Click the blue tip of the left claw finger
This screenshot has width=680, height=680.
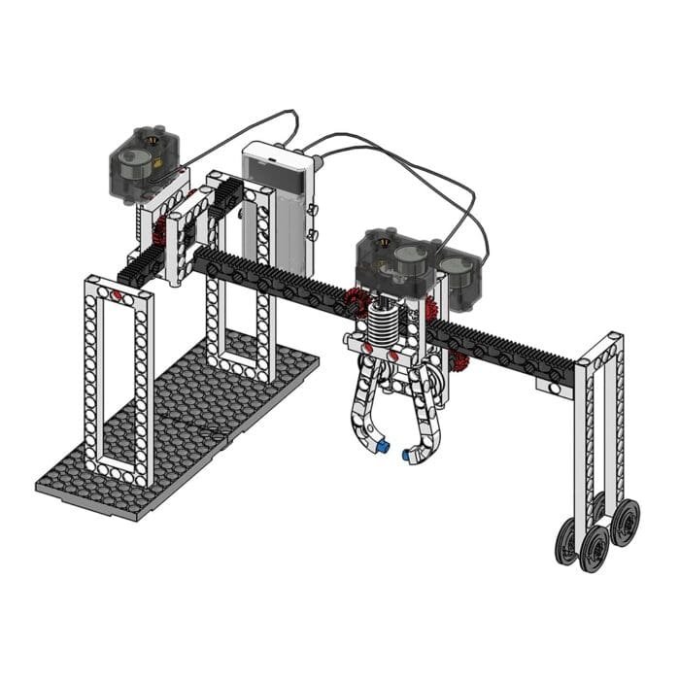point(383,448)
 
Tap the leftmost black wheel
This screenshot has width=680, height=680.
point(564,540)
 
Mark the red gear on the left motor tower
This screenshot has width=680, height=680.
point(161,231)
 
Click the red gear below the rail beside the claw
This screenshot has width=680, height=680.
point(459,361)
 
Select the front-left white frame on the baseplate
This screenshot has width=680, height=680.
point(117,379)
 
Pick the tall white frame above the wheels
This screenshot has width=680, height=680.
point(599,427)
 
